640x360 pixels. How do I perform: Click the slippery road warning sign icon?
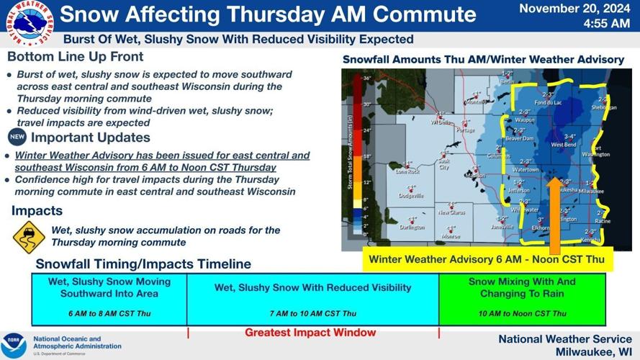pos(29,237)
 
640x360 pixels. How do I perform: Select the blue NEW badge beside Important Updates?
pos(17,138)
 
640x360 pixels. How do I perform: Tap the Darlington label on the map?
pos(411,228)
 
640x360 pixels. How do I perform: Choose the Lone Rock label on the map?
pos(407,171)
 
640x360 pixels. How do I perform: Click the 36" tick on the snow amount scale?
pos(366,78)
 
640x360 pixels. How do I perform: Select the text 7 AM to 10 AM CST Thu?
pos(312,313)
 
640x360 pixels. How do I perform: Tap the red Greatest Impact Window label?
pos(310,333)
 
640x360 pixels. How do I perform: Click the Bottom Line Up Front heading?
pos(76,56)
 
